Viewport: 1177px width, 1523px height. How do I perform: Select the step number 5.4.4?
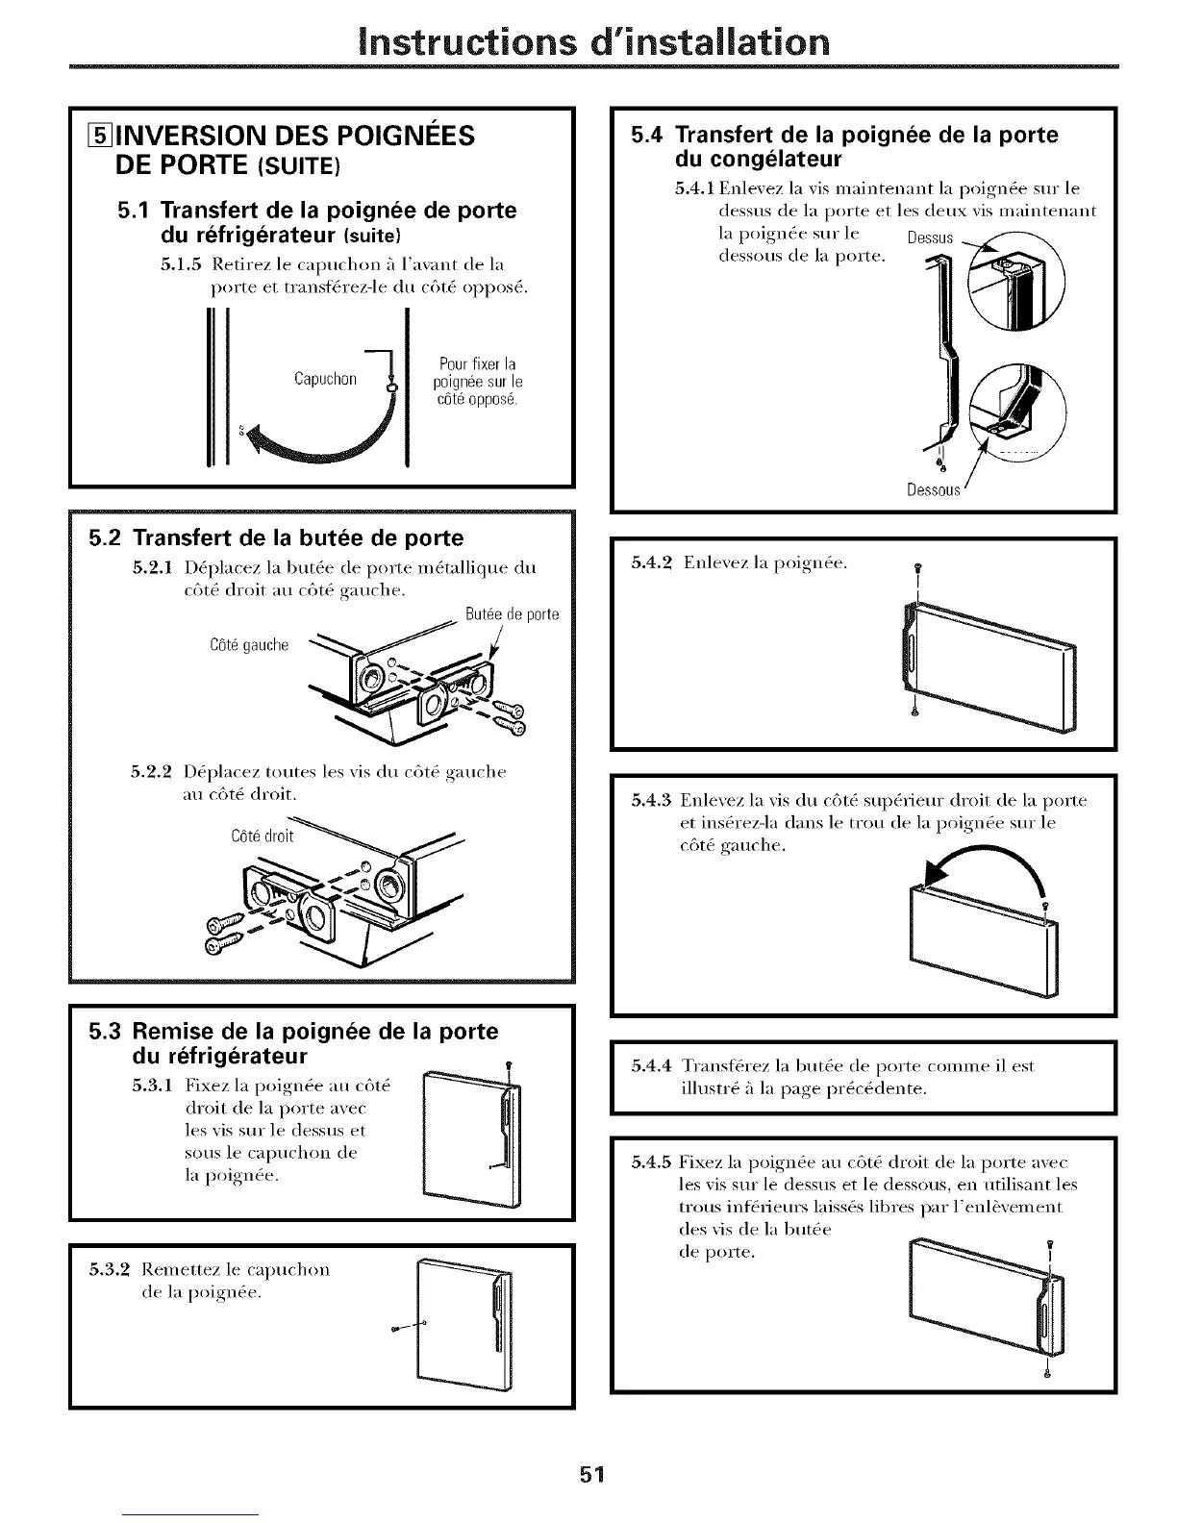tap(652, 1066)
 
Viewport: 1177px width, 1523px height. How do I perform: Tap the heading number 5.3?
tap(103, 1032)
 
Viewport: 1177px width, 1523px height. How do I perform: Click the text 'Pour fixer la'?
tap(477, 364)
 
